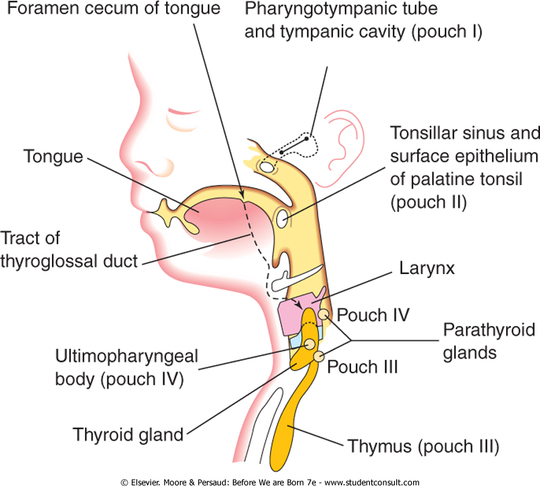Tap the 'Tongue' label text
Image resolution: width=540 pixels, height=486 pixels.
pyautogui.click(x=53, y=157)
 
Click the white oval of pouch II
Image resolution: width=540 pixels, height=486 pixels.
pyautogui.click(x=281, y=218)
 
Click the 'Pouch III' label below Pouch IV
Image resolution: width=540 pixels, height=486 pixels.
pyautogui.click(x=362, y=367)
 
